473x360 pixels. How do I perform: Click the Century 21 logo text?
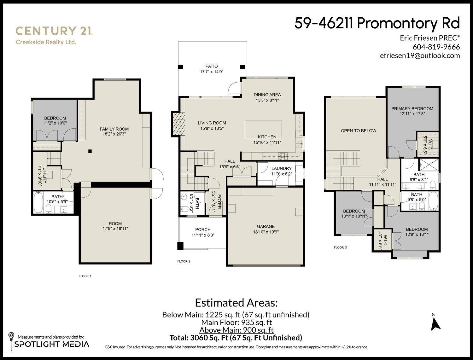54,31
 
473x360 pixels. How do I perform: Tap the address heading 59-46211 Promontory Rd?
377,23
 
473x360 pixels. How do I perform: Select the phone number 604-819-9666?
436,47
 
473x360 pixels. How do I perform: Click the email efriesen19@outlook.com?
420,55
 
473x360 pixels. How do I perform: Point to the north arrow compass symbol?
435,324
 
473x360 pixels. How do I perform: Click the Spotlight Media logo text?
52,344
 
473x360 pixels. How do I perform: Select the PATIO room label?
211,66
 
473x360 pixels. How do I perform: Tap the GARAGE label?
266,226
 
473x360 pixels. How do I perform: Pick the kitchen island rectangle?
263,129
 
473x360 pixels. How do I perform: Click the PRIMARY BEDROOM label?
412,109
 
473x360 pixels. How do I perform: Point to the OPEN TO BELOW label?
359,131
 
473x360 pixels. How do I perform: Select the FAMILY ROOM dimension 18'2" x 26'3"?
114,134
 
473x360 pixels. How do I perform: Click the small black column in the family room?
90,151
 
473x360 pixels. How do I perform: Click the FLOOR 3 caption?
340,247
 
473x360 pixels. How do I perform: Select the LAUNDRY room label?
281,168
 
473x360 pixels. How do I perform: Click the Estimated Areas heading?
236,303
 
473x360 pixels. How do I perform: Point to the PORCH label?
203,229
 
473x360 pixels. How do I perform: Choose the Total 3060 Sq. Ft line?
236,338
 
